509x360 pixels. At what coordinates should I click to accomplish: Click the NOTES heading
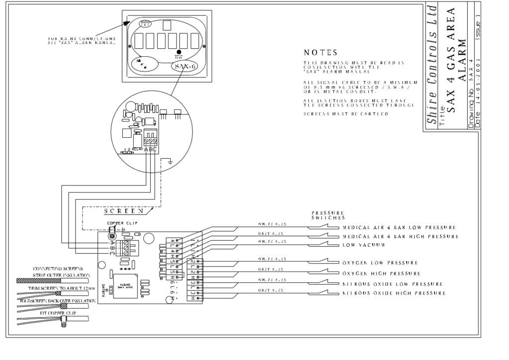(x=321, y=53)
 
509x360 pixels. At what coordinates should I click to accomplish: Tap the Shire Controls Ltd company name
(x=432, y=65)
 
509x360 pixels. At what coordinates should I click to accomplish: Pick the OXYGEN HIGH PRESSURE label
(x=382, y=273)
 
